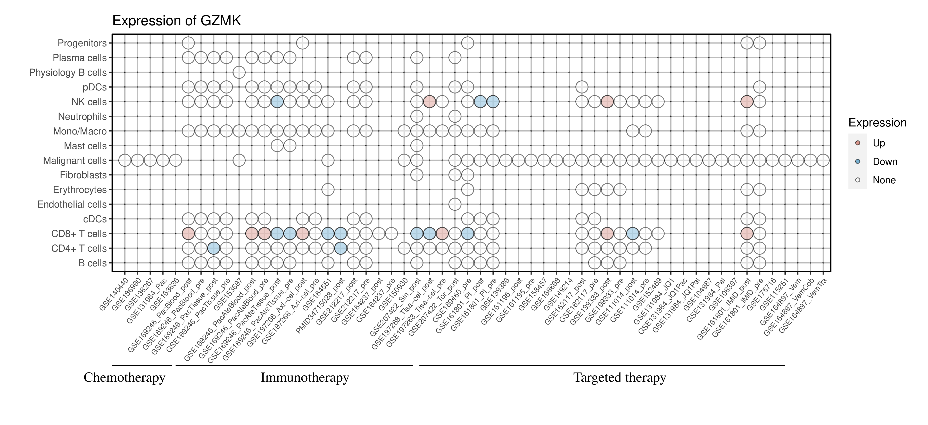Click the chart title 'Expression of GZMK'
(x=177, y=21)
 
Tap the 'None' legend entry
(x=884, y=180)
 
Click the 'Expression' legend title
(x=877, y=123)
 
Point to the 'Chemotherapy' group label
(x=124, y=378)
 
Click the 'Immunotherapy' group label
(x=304, y=378)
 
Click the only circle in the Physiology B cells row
(x=239, y=72)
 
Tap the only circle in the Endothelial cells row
(x=455, y=205)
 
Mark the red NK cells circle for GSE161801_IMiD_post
(x=747, y=102)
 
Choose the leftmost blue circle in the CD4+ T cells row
(x=214, y=248)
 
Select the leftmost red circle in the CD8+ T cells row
(x=188, y=234)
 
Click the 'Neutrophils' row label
(x=82, y=117)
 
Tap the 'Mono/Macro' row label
(x=80, y=131)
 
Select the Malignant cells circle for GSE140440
(x=125, y=160)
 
